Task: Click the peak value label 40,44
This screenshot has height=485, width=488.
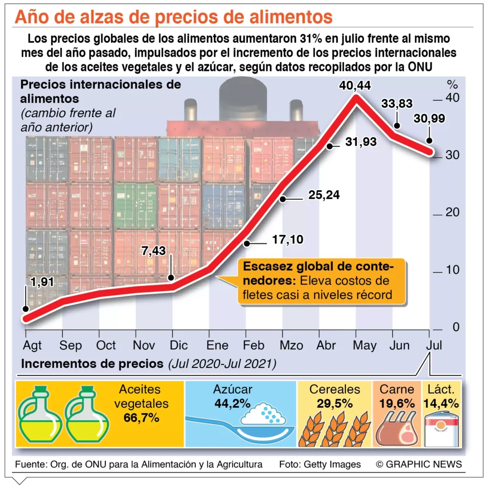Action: pyautogui.click(x=356, y=86)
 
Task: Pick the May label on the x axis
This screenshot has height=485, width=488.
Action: pyautogui.click(x=365, y=345)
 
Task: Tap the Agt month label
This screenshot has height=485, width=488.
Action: pyautogui.click(x=32, y=345)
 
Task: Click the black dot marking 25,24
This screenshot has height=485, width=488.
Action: pyautogui.click(x=283, y=200)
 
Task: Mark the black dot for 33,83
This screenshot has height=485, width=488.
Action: pyautogui.click(x=396, y=126)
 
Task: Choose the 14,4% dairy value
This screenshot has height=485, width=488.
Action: pyautogui.click(x=441, y=404)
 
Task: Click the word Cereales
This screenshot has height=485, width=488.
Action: pyautogui.click(x=335, y=389)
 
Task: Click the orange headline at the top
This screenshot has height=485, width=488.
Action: pyautogui.click(x=173, y=17)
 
